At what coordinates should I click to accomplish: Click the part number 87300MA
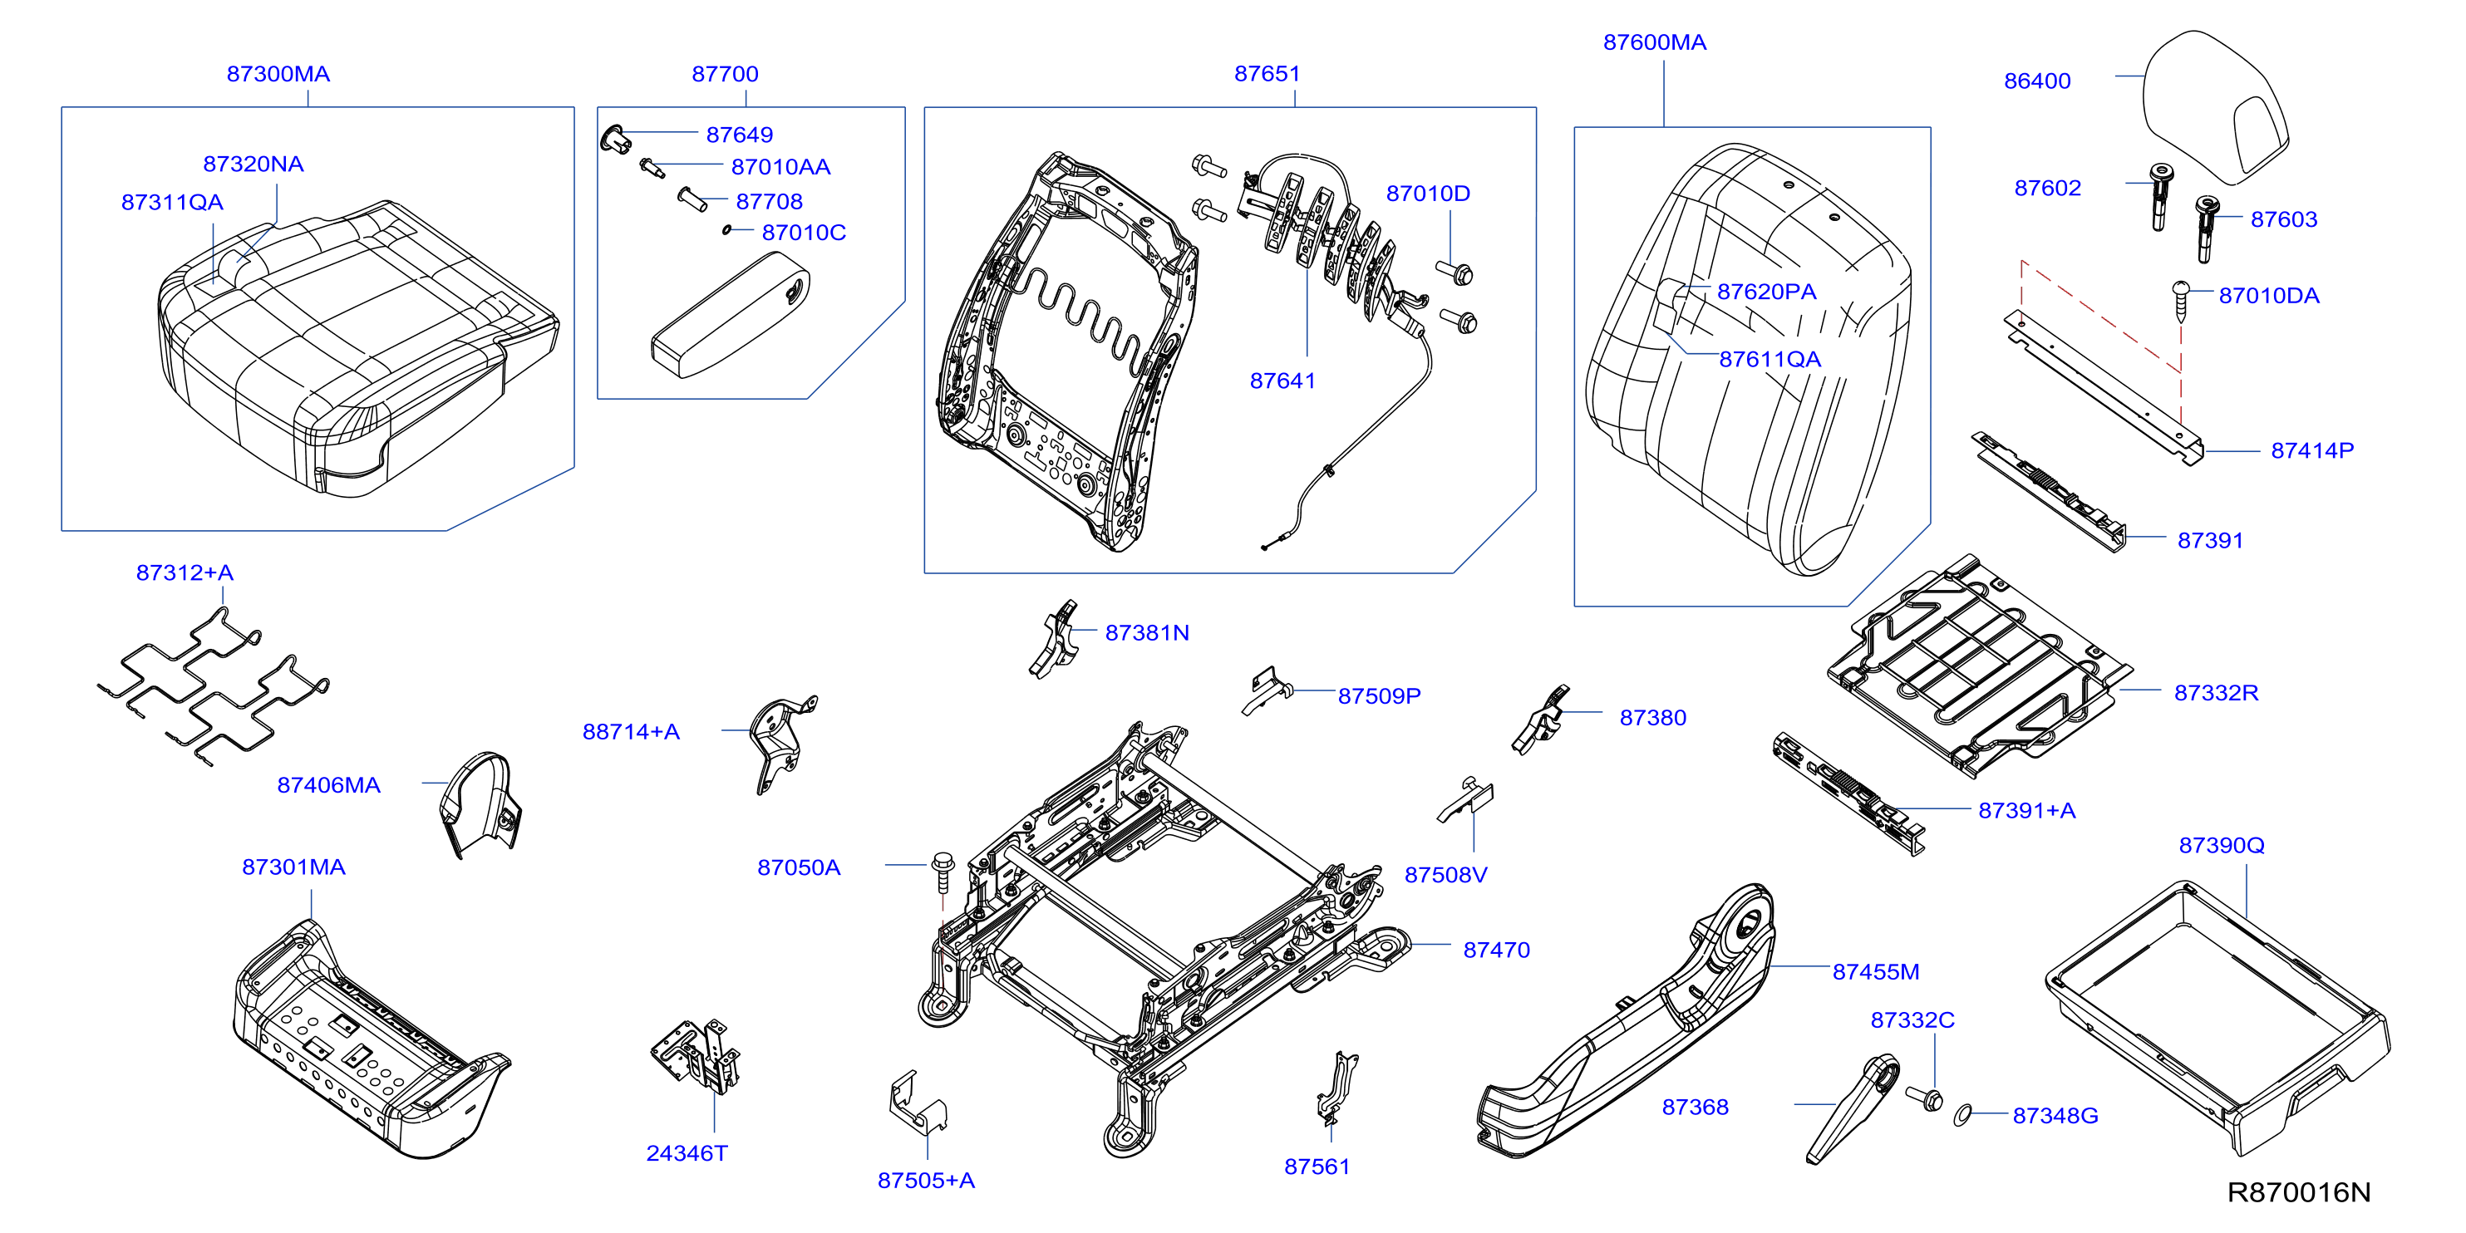point(278,74)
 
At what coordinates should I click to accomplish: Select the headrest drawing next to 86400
point(2214,107)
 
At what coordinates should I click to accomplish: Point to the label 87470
point(1496,950)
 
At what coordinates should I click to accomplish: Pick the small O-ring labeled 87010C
point(727,230)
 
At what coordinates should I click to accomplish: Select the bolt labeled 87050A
point(943,873)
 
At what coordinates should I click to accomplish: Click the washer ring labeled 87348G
point(1962,1113)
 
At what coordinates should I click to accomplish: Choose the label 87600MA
point(1654,42)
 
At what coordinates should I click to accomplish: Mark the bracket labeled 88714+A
point(783,744)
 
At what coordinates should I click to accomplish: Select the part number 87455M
point(1875,971)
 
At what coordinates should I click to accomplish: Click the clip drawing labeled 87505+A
point(917,1103)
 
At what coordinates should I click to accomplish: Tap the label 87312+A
point(185,572)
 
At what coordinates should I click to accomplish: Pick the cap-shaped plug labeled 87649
point(614,138)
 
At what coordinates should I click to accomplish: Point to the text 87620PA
point(1766,291)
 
